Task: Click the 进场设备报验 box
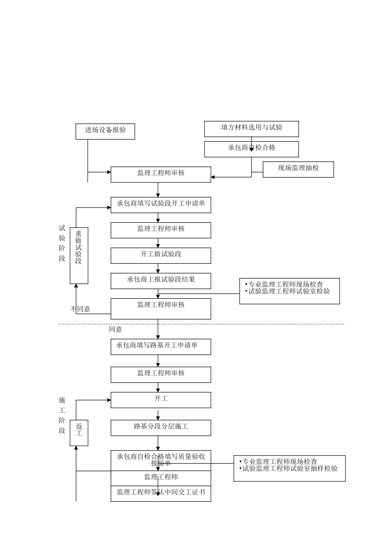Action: pos(105,131)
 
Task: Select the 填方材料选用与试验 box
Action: pos(251,128)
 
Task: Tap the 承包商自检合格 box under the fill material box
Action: pos(251,149)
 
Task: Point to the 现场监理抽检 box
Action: pos(298,169)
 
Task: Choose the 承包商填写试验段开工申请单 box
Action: pos(161,205)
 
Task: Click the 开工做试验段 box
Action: pos(161,255)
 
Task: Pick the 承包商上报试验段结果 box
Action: pos(161,280)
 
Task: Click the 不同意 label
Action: pos(81,309)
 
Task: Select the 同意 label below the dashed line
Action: pos(116,329)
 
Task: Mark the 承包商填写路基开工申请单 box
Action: pos(161,346)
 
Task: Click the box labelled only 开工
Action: pos(161,400)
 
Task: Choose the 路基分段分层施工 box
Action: pos(161,427)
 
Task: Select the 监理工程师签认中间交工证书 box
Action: pos(161,493)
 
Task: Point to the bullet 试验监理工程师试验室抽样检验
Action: pos(289,468)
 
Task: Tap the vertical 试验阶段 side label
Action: pos(62,243)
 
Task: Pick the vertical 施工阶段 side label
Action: pos(62,415)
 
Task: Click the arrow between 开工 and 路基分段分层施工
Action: pos(158,414)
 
